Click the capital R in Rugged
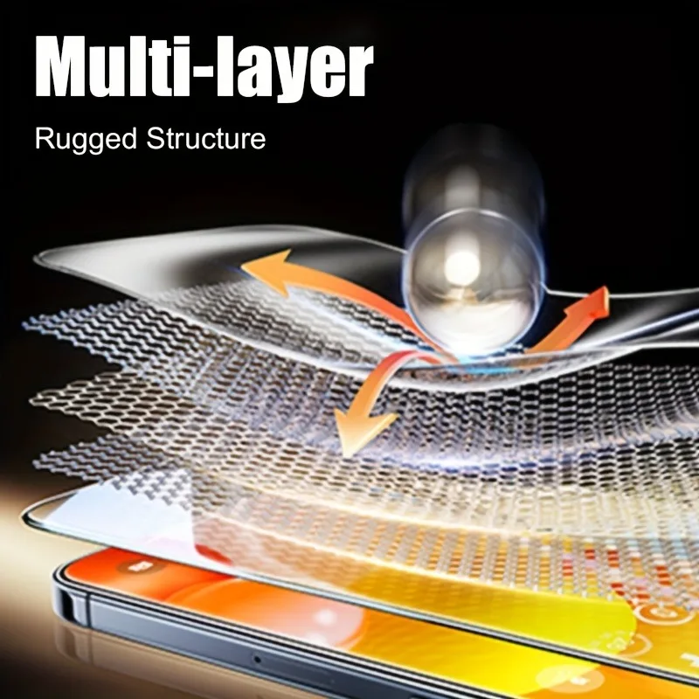click(x=45, y=138)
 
